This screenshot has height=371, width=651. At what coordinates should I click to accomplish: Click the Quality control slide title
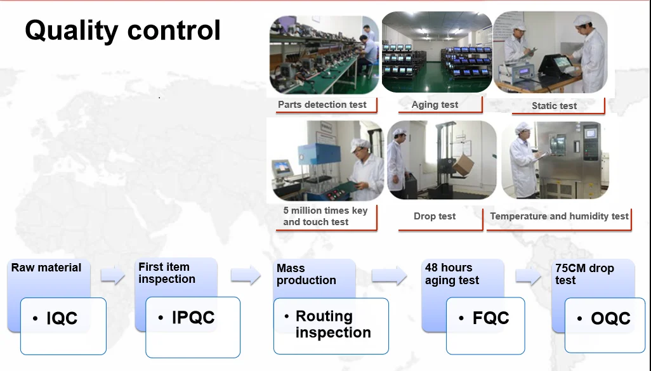[122, 30]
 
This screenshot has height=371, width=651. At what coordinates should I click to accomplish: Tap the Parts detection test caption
[322, 105]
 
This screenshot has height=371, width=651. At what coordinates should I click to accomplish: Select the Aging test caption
[435, 105]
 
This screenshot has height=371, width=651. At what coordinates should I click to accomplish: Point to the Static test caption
[554, 106]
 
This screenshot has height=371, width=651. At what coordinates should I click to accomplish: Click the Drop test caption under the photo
[435, 216]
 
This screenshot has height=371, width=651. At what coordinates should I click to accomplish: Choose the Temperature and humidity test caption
[559, 216]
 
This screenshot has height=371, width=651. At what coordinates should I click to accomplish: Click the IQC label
[62, 318]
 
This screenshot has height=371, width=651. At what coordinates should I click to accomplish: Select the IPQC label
[193, 318]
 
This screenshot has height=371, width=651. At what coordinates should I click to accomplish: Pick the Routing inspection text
[332, 324]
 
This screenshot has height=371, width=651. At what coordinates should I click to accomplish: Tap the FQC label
[490, 318]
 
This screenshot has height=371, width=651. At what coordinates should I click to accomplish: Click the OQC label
[610, 318]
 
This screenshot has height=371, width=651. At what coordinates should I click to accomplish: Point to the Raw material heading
[46, 268]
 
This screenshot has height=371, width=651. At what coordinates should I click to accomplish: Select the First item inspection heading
[167, 273]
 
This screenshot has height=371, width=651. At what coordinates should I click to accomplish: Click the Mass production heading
[306, 274]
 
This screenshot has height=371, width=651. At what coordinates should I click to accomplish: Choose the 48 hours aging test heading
[452, 274]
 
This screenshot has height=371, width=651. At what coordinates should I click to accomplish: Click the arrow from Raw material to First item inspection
[113, 276]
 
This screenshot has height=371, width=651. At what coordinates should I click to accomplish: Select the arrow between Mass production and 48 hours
[388, 276]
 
